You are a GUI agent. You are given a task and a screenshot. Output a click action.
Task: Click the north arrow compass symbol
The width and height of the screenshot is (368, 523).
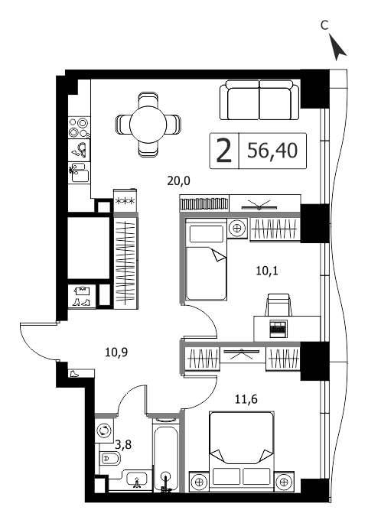(337, 47)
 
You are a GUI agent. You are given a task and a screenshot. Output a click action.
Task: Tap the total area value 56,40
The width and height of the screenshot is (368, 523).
(272, 151)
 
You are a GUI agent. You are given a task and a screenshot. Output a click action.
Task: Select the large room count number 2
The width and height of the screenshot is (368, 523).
(224, 151)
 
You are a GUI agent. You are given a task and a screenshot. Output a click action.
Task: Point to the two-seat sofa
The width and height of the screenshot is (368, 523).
(259, 99)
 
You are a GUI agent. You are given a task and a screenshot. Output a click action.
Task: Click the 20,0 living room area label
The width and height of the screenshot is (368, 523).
(178, 180)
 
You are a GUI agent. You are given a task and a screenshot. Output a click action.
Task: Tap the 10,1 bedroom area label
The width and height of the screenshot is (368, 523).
(267, 271)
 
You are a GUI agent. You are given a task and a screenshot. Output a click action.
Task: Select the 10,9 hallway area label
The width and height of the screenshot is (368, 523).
(116, 352)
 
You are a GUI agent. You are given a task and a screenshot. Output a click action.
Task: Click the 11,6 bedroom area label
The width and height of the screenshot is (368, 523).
(246, 398)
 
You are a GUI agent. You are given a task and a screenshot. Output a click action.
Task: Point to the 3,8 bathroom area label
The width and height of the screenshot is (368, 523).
(123, 444)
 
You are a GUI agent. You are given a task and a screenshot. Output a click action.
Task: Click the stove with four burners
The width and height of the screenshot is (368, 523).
(80, 128)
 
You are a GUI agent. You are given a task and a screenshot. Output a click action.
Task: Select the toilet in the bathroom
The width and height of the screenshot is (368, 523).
(109, 459)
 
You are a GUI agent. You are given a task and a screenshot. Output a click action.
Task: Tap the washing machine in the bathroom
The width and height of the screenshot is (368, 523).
(104, 430)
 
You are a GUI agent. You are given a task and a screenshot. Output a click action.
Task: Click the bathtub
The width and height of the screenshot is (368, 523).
(167, 456)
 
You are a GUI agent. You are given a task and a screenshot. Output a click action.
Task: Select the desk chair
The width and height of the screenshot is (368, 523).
(278, 305)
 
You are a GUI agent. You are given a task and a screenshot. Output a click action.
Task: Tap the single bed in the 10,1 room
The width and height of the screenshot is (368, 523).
(206, 259)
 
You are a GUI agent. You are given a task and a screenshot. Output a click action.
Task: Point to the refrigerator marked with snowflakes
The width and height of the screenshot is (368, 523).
(125, 200)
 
